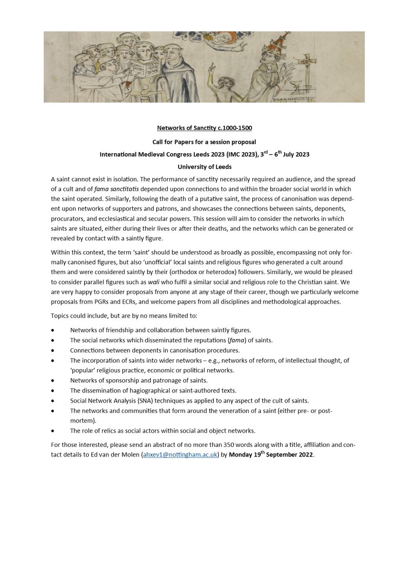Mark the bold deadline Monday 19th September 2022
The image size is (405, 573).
[271, 454]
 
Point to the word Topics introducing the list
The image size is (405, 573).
[61, 316]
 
